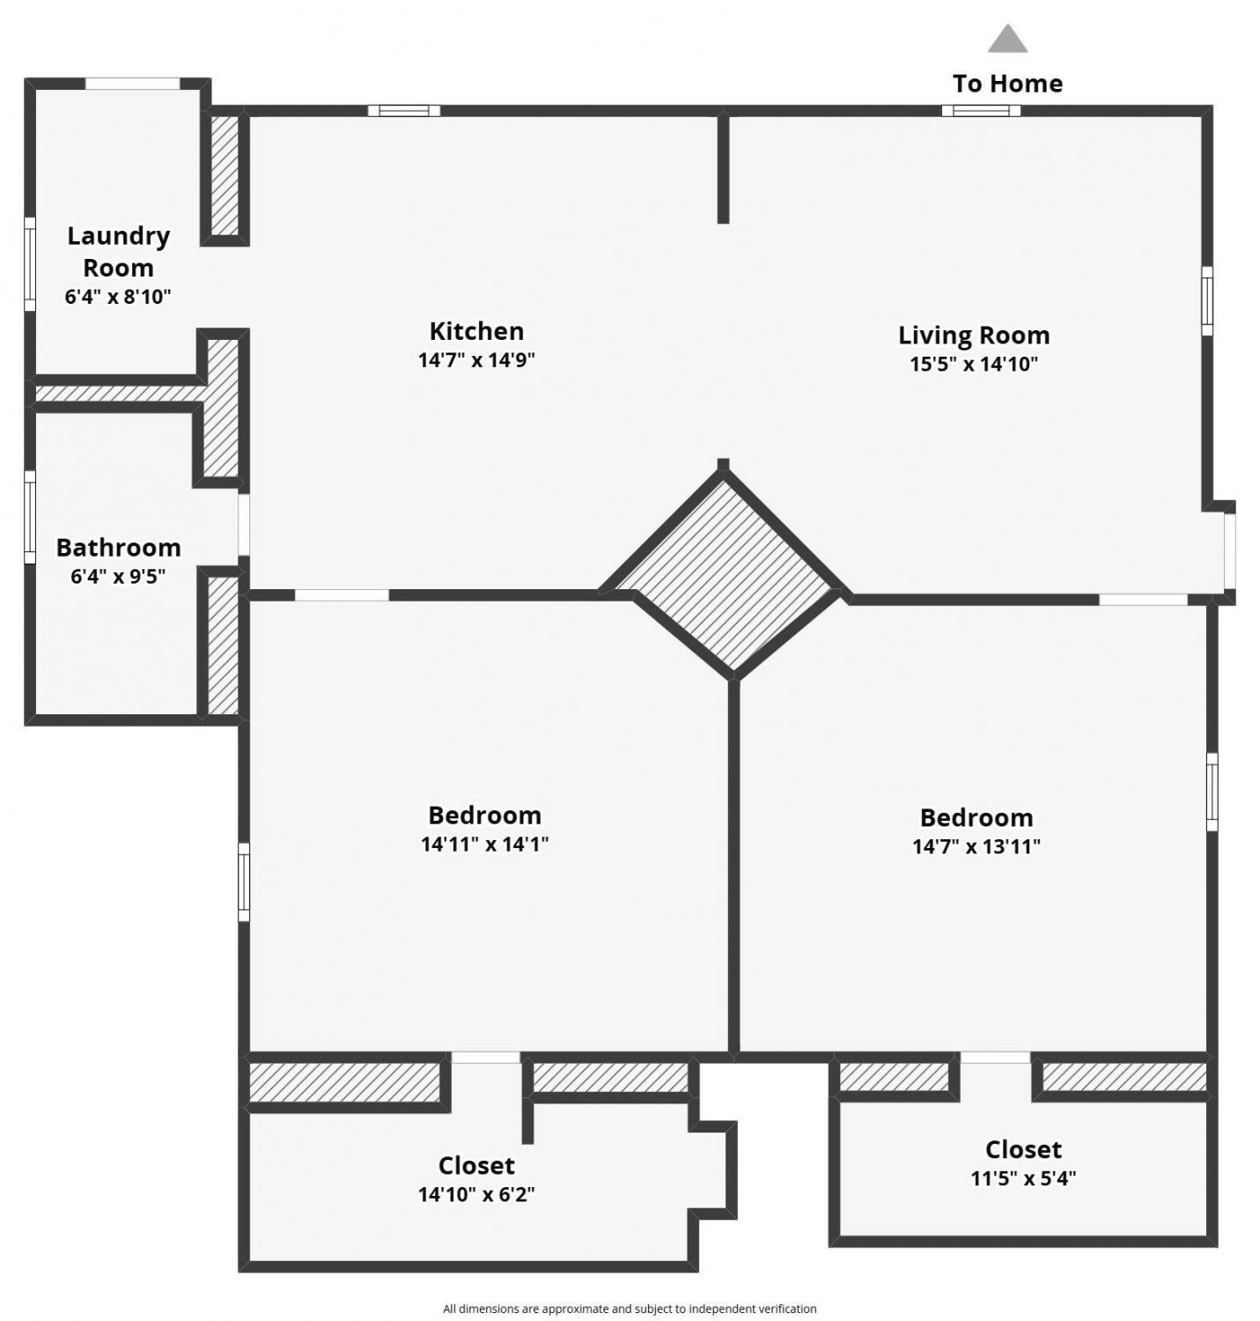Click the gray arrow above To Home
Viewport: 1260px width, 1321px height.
(x=1007, y=39)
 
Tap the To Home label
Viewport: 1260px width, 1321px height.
(x=1007, y=84)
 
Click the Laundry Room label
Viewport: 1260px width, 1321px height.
(x=118, y=252)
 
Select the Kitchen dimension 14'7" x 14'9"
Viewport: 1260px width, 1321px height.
(x=476, y=360)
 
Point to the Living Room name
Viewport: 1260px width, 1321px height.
(x=974, y=336)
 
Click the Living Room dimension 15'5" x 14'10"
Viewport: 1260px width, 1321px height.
(x=974, y=365)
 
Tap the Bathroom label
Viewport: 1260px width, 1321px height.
(x=118, y=548)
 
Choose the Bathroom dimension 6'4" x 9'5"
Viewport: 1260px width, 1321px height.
(x=118, y=577)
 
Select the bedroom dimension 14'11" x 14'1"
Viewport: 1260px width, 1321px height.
(x=484, y=844)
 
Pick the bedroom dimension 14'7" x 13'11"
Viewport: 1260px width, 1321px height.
(x=976, y=846)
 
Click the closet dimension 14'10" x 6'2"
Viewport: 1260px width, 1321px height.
(x=476, y=1195)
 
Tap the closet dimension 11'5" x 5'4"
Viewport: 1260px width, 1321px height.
(x=1023, y=1178)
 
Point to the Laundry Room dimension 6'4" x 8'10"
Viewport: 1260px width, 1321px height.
(x=118, y=297)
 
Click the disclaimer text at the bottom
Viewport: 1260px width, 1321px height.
(x=630, y=1309)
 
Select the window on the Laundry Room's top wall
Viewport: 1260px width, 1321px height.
(x=132, y=84)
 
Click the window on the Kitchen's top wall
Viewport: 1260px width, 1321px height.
(x=404, y=111)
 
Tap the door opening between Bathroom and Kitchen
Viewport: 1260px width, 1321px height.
(x=244, y=525)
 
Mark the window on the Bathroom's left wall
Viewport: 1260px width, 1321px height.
(x=30, y=517)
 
